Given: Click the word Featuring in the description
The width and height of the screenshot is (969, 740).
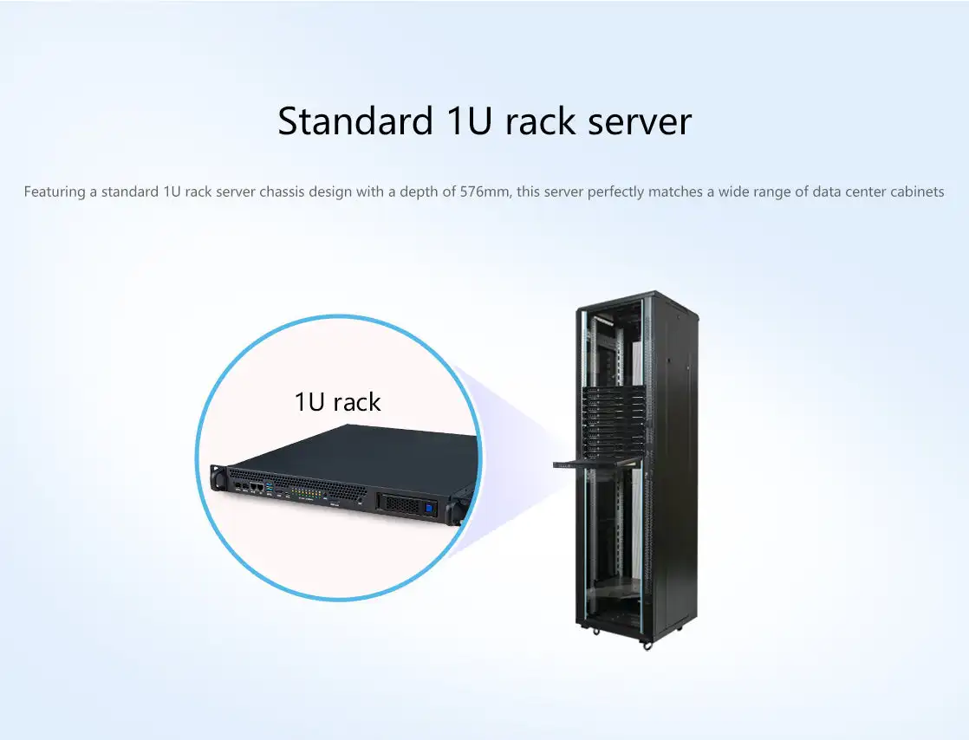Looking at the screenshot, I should point(55,191).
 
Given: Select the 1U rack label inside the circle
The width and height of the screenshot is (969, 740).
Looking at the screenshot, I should point(337,402).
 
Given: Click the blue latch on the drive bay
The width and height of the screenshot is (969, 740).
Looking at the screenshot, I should point(427,501).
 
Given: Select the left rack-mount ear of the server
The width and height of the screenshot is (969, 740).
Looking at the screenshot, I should point(217,477).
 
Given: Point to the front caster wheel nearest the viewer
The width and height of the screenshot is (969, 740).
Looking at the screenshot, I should point(647,645).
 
